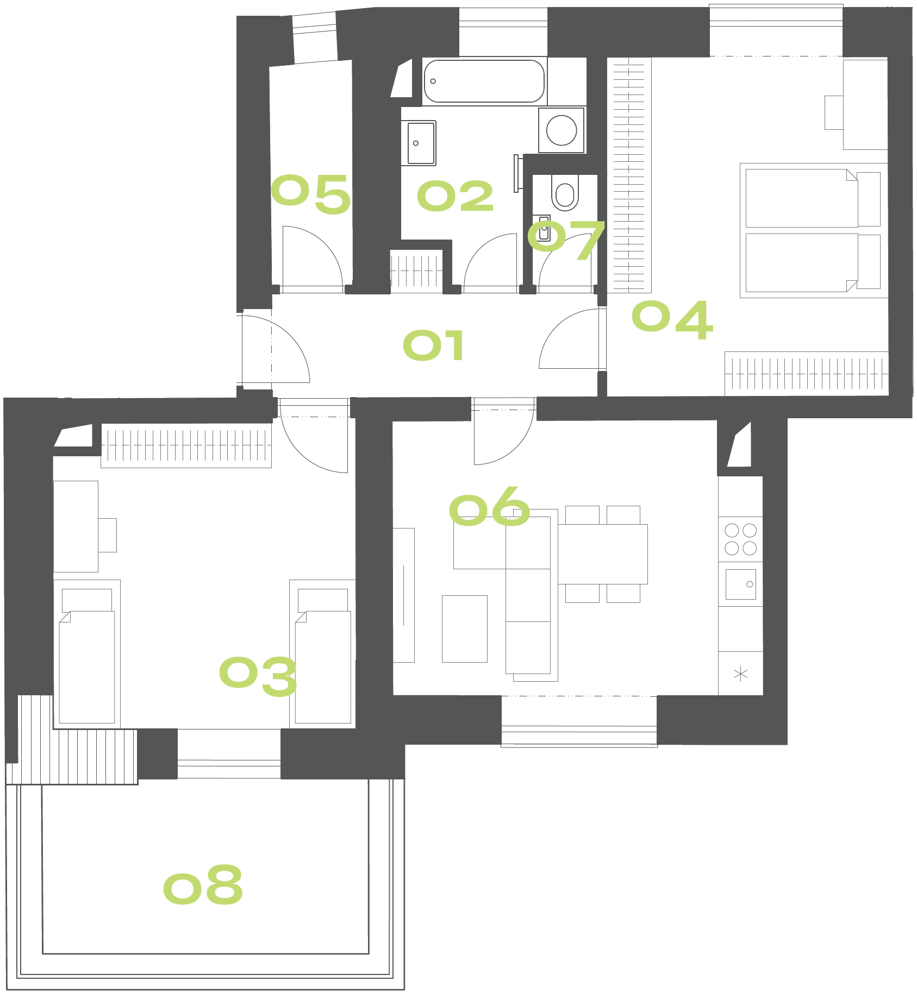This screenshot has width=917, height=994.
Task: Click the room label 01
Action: pos(433,345)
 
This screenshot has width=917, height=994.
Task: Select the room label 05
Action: pos(310,194)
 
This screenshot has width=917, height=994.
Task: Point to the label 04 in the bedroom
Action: pos(672,320)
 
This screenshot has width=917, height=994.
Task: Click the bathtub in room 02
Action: pos(484,81)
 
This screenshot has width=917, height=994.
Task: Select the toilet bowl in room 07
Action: pos(565,192)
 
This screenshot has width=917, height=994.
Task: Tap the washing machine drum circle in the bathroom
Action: pos(562,130)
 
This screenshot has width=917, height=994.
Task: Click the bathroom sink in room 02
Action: pos(419,143)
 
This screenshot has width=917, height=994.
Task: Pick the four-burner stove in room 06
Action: pos(740,539)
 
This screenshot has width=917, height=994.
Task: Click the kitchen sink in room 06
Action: pos(740,584)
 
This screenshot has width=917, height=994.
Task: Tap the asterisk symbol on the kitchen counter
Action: pos(740,675)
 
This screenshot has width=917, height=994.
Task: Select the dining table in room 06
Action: pos(603,554)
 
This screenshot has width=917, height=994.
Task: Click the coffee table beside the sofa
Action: pos(465,629)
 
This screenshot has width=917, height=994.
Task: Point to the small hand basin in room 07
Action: pos(544,229)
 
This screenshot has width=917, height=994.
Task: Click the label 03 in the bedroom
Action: pos(258,676)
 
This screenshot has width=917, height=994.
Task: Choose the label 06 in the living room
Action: pos(489,506)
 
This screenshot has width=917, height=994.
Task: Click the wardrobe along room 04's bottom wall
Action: pos(807,374)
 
